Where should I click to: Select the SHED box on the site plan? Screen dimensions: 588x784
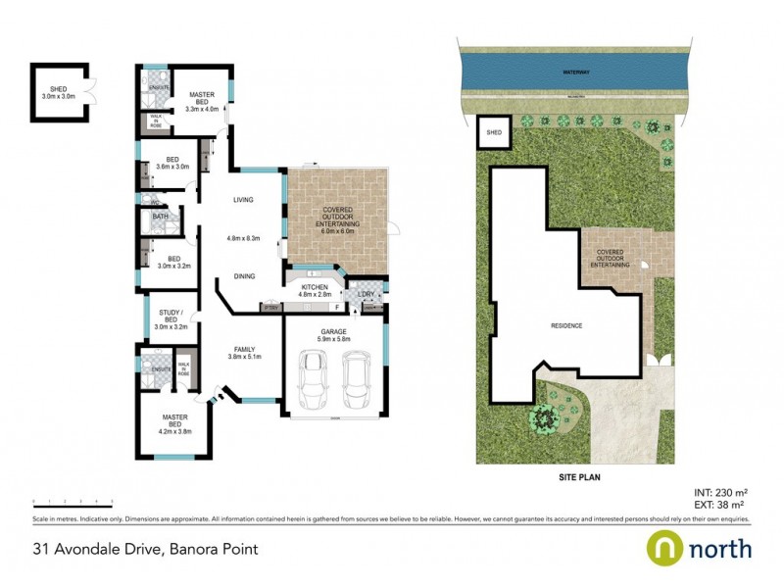tap(494, 132)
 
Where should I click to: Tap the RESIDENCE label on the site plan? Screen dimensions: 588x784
tap(565, 325)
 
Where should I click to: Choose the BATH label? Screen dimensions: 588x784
tap(160, 217)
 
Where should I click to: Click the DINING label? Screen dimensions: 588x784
tap(245, 277)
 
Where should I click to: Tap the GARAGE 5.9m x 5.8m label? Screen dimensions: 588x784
tap(335, 336)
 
